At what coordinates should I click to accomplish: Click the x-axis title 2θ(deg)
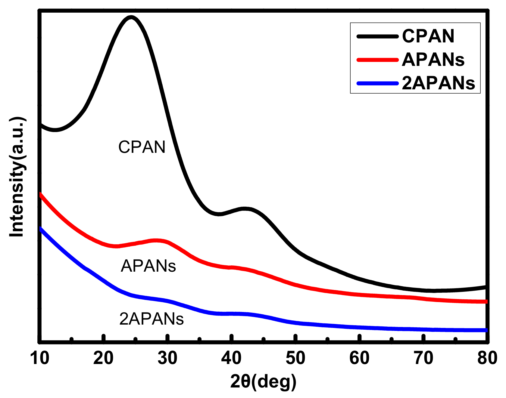(263, 381)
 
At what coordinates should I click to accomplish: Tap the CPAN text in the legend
(428, 36)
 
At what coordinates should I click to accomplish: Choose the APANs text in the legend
(433, 60)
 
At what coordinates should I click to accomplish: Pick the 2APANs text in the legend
(438, 83)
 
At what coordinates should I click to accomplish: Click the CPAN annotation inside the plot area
(142, 147)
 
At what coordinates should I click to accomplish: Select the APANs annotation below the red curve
(148, 266)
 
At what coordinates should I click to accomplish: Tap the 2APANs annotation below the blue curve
(151, 319)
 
